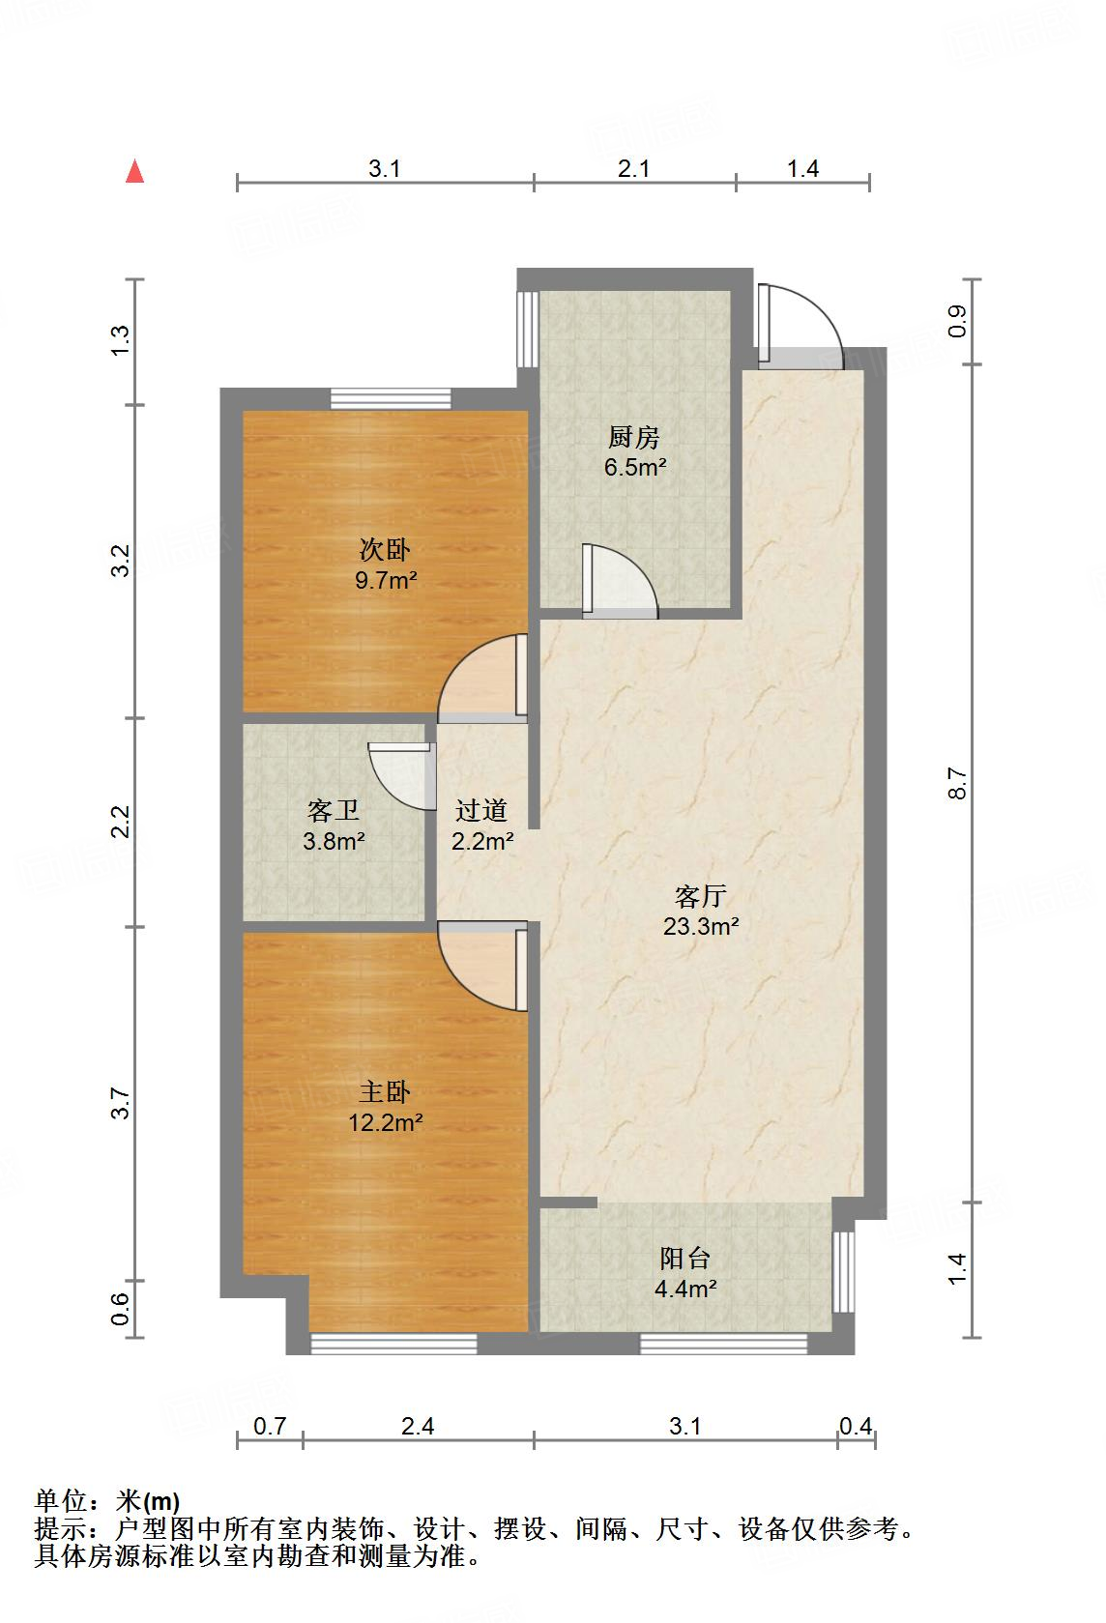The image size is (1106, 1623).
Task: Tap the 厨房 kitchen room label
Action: (634, 438)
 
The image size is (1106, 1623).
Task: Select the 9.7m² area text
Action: (386, 581)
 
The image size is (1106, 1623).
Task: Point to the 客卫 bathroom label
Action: (334, 810)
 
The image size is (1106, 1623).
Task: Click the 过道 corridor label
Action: (481, 810)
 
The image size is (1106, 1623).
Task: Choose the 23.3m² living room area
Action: (701, 927)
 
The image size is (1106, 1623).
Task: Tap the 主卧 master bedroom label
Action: (385, 1092)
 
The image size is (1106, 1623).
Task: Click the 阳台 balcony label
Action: (685, 1258)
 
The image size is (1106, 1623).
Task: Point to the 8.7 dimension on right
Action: (957, 783)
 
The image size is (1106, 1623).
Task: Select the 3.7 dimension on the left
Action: (120, 1103)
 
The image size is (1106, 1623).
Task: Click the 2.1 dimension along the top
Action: (633, 169)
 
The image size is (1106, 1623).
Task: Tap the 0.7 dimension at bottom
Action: (270, 1426)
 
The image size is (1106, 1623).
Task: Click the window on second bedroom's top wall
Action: (391, 398)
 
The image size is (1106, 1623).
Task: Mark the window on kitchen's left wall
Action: (527, 329)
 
